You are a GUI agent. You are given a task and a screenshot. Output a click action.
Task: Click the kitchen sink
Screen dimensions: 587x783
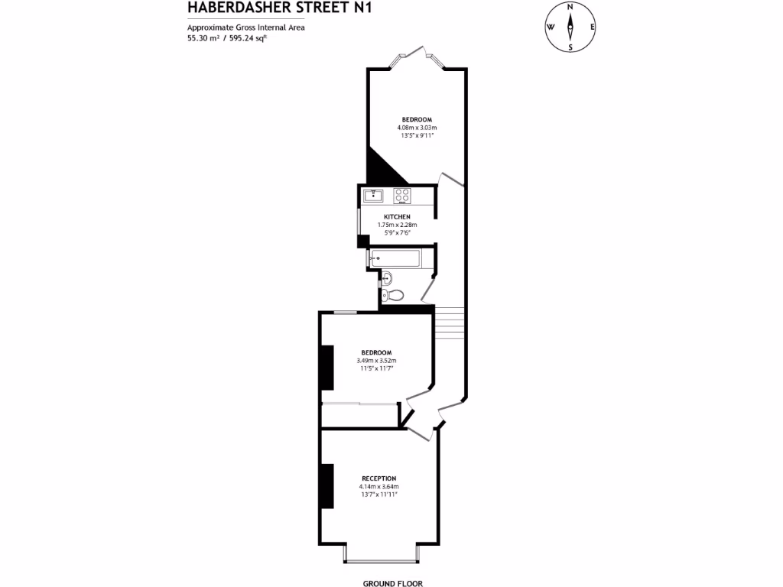click(x=372, y=195)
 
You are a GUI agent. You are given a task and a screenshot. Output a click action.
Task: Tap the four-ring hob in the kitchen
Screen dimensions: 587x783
click(x=402, y=196)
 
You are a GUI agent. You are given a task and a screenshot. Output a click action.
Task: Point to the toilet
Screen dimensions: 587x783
click(x=395, y=294)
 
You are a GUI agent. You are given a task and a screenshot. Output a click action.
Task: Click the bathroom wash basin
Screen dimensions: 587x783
click(x=386, y=277)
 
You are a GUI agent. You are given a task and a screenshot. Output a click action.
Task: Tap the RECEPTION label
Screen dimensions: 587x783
click(x=379, y=478)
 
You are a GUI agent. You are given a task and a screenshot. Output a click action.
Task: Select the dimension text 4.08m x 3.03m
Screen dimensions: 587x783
click(x=417, y=127)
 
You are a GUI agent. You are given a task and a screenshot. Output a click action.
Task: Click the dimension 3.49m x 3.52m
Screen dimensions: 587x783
click(x=376, y=361)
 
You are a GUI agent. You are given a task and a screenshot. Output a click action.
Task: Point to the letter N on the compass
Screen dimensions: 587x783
click(x=570, y=7)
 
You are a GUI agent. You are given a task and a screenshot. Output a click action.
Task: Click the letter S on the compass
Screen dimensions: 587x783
click(x=570, y=47)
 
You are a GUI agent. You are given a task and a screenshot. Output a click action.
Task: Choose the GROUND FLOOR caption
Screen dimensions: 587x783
click(x=392, y=582)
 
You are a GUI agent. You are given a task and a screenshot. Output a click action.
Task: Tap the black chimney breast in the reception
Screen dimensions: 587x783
click(x=327, y=486)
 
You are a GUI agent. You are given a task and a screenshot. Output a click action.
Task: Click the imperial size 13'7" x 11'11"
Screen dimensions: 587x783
click(x=379, y=495)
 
